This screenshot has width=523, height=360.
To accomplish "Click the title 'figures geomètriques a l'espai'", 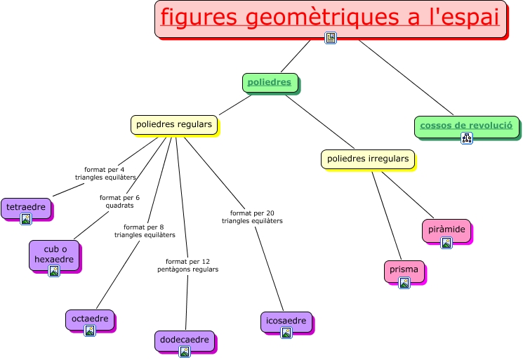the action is [x=330, y=17].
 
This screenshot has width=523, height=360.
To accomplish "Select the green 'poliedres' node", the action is [x=270, y=82].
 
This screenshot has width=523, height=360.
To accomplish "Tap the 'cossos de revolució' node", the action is [x=466, y=126].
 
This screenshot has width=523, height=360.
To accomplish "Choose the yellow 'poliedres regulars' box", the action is [x=173, y=124].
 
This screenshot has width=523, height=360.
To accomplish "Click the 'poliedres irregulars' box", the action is [x=367, y=159].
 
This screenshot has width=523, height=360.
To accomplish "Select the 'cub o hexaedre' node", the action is [x=53, y=254].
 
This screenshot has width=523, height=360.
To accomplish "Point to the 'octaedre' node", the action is [x=89, y=319].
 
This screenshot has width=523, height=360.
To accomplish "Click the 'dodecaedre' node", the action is [x=184, y=340].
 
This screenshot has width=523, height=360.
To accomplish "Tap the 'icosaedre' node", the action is [x=286, y=321].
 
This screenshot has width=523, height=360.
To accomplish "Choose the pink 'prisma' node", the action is [x=404, y=269].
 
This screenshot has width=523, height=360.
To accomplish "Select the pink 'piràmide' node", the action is [x=446, y=229].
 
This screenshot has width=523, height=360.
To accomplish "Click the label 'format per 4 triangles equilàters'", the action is [x=105, y=173].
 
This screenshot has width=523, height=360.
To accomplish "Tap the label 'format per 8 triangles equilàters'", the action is [x=144, y=231].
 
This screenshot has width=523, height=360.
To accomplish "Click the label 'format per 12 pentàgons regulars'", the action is [x=187, y=265].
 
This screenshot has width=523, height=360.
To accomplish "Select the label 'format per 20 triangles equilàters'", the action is [x=252, y=217].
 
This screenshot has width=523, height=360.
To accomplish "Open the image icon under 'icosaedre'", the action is [x=286, y=333].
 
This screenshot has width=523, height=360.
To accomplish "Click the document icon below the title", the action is [x=331, y=37].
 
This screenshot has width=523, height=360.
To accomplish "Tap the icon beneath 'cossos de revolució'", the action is [x=466, y=138].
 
